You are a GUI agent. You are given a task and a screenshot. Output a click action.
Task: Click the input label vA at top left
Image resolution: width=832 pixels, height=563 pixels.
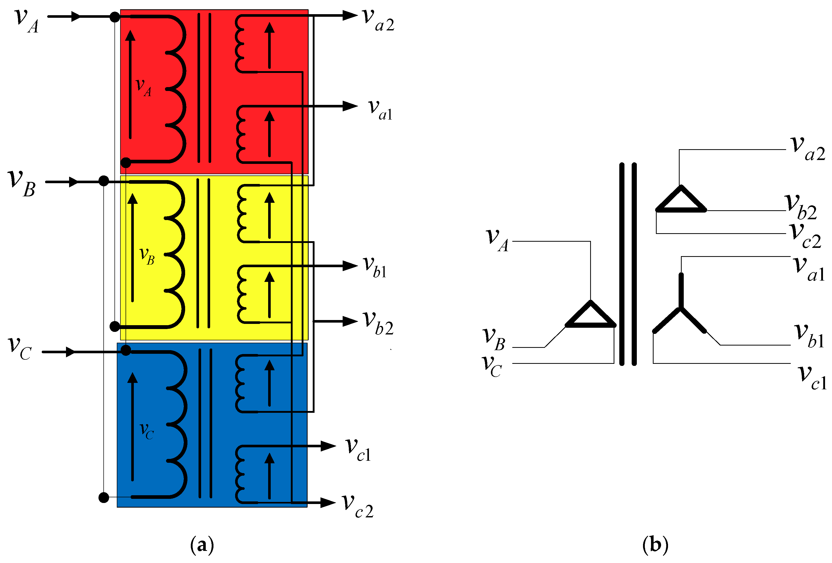26,21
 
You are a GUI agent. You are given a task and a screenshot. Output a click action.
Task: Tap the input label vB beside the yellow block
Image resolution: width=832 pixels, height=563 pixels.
21,183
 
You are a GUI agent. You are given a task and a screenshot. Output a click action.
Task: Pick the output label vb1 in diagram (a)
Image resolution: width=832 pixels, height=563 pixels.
374,267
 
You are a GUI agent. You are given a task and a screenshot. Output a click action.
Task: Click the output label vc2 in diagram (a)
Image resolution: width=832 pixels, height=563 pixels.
357,506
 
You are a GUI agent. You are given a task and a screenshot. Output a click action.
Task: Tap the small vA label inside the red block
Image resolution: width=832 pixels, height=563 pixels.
143,87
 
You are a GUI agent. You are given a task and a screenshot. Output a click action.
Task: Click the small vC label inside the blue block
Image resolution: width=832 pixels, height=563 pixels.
146,430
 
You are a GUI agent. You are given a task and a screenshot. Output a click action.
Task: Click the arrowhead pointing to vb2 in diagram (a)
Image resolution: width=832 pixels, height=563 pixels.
350,321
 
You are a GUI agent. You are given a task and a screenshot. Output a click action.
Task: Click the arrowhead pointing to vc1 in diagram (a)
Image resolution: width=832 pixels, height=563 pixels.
328,446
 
